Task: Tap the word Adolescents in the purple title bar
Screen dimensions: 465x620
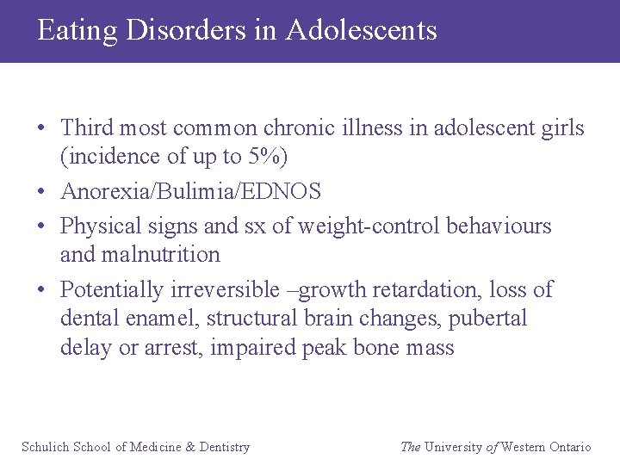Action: pos(361,30)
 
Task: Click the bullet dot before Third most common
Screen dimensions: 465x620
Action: pos(41,129)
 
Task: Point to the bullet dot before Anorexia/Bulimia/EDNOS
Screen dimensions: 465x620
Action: pos(41,192)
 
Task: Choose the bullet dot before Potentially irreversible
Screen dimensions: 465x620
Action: pos(41,290)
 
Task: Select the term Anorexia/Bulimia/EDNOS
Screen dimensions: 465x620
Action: pos(190,191)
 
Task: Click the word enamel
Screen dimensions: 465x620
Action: pos(160,319)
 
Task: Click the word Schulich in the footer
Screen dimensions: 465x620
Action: pos(46,447)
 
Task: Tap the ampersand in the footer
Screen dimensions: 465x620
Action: pos(190,447)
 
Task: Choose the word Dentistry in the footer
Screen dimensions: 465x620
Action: pos(224,447)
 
